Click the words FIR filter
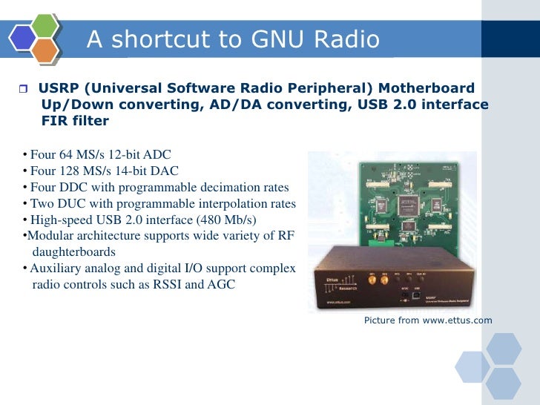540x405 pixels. click(76, 121)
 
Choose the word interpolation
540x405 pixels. click(226, 203)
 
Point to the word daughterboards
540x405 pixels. click(73, 252)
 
